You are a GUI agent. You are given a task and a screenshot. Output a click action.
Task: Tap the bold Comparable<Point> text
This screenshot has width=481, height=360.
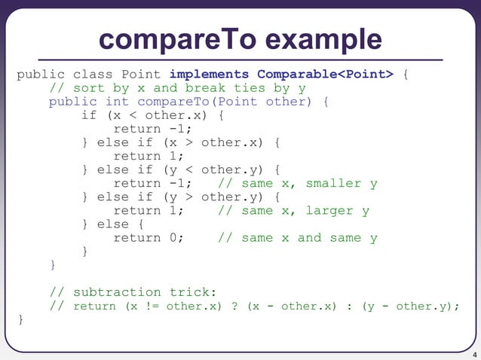click(325, 75)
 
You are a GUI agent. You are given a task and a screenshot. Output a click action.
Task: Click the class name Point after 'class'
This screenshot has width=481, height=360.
click(137, 75)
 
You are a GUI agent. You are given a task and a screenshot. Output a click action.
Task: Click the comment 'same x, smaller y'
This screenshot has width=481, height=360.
click(298, 184)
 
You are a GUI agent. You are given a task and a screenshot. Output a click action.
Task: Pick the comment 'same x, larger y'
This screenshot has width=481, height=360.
click(293, 211)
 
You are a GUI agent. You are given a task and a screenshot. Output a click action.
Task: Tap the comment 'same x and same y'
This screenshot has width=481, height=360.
click(298, 238)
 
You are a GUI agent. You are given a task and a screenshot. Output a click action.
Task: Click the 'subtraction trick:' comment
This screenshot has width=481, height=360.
click(106, 292)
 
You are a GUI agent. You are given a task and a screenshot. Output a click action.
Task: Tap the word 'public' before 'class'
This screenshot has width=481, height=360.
click(41, 75)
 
